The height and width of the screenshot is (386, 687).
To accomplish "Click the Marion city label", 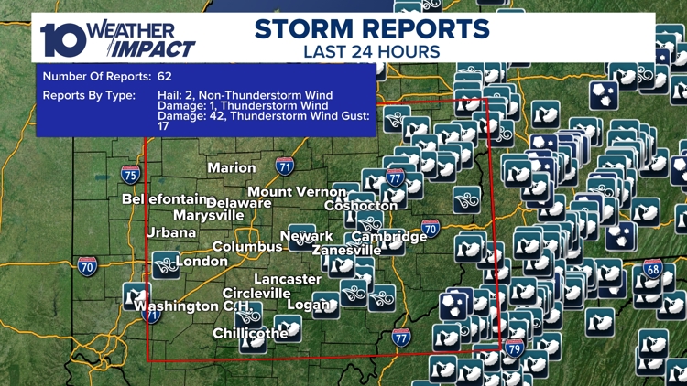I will (x=232, y=168).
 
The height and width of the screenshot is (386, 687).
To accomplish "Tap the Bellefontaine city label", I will (x=163, y=198).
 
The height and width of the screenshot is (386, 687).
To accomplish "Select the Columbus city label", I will (x=247, y=247).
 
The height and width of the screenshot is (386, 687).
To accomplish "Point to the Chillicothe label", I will (x=250, y=333).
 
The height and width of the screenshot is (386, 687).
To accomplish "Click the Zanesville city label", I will (x=346, y=250).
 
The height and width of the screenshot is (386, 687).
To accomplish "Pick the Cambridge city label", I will (x=389, y=237).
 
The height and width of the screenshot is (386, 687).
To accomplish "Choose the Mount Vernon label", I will (x=297, y=192).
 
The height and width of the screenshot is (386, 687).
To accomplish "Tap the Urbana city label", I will (x=171, y=232).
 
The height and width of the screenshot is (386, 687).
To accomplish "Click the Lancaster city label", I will (x=288, y=279).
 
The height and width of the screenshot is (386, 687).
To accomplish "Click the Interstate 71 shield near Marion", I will (x=285, y=166).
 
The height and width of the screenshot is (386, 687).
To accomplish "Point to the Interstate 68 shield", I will (x=652, y=268).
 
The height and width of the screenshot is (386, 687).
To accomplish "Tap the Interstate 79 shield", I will (x=515, y=348).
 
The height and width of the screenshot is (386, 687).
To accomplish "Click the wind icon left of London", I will (x=166, y=265).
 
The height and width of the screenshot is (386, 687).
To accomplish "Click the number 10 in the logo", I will (x=62, y=38).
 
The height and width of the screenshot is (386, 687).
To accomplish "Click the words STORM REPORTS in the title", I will (x=372, y=28).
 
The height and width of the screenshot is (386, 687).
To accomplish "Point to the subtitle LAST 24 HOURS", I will (x=371, y=51).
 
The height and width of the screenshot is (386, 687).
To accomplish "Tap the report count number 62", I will (x=164, y=77).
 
